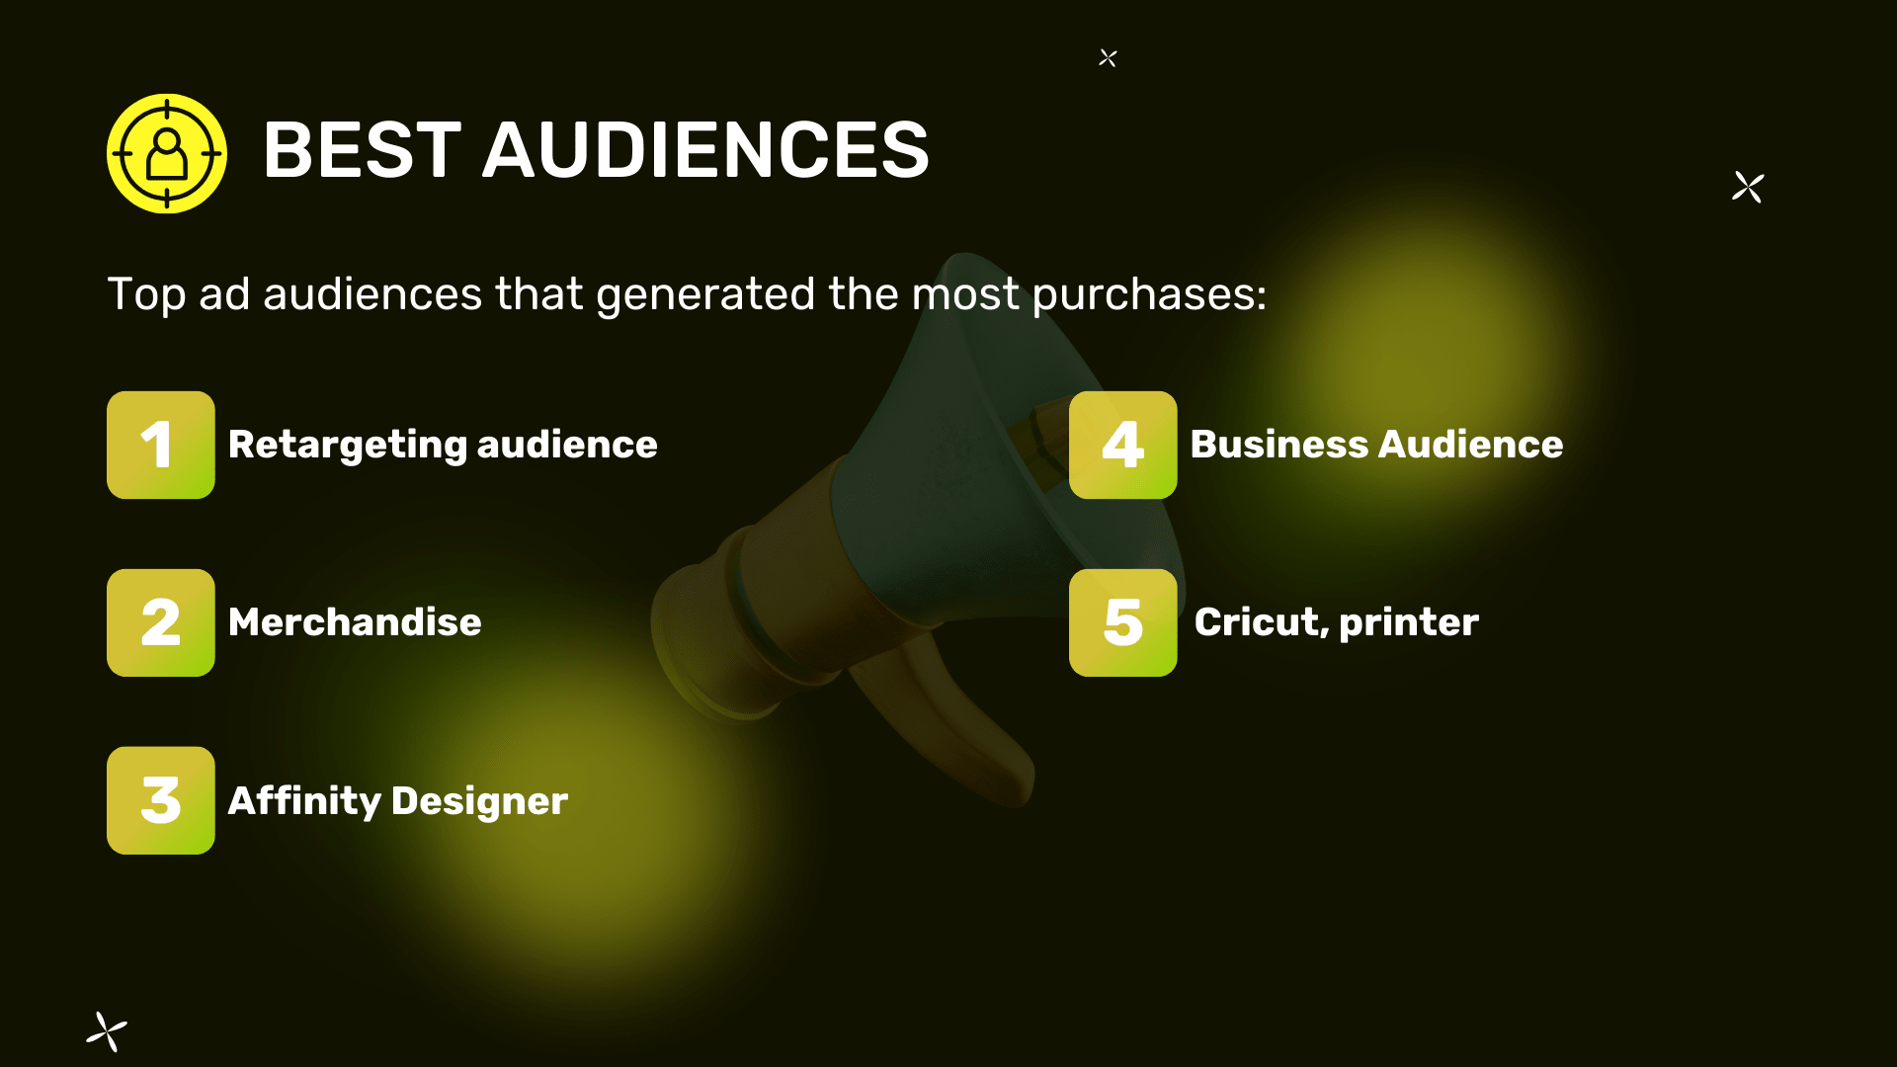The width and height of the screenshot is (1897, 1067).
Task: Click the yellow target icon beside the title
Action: point(167,153)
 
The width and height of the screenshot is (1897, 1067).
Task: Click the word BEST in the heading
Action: point(363,150)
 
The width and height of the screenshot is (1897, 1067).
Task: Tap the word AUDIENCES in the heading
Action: point(705,150)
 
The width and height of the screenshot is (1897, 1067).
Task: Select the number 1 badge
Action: point(161,445)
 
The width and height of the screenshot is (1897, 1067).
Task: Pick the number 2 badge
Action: point(161,622)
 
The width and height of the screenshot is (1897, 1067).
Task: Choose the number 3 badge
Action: point(161,800)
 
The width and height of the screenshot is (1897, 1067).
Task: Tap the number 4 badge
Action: point(1123,445)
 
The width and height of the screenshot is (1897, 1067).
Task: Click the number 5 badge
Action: point(1123,622)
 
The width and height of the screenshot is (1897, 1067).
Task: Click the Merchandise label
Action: point(355,622)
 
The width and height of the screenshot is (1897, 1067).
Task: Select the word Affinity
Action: point(304,801)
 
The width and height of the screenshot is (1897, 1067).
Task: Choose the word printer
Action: point(1409,623)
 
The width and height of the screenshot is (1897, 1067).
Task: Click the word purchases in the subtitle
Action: point(1149,295)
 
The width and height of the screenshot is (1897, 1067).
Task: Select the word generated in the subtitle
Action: point(705,295)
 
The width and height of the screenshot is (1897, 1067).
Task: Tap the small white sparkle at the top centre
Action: point(1108,58)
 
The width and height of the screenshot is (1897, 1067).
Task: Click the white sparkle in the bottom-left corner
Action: point(107,1031)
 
